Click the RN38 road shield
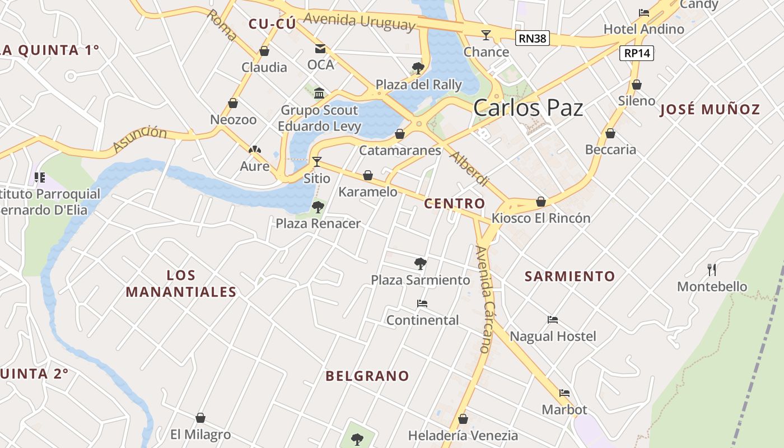tap(532, 38)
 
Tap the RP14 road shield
tap(637, 53)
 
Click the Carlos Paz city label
tap(528, 108)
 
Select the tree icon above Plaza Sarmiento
tap(420, 263)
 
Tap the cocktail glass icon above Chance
tap(486, 35)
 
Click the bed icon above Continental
tap(422, 304)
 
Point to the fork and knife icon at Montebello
tap(712, 270)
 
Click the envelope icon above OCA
tap(320, 49)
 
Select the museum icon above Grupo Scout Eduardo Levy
tap(319, 92)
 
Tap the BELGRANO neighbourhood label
tap(367, 376)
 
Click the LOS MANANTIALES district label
tap(181, 283)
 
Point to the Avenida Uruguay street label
tap(360, 21)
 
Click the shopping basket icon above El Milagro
tap(200, 418)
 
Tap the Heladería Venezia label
tap(463, 435)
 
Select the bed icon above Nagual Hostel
tap(553, 320)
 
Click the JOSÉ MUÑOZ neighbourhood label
tap(710, 109)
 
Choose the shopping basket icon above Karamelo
tap(368, 176)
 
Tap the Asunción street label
tap(139, 139)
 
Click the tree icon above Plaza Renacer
tap(318, 207)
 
